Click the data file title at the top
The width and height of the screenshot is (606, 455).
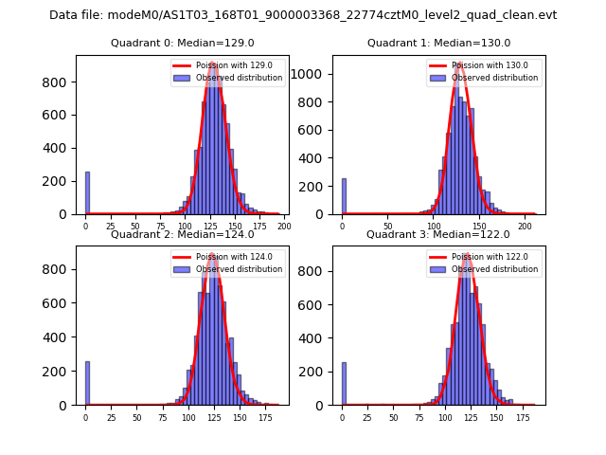(303, 15)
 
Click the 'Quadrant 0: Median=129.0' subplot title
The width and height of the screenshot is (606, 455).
(183, 43)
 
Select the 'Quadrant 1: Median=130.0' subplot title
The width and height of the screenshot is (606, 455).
(438, 43)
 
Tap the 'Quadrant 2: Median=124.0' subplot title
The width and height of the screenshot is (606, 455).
(183, 234)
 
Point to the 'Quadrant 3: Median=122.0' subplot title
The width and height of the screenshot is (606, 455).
(438, 234)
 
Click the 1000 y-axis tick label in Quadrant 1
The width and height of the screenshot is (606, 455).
(316, 74)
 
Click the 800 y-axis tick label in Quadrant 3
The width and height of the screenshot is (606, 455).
(319, 269)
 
